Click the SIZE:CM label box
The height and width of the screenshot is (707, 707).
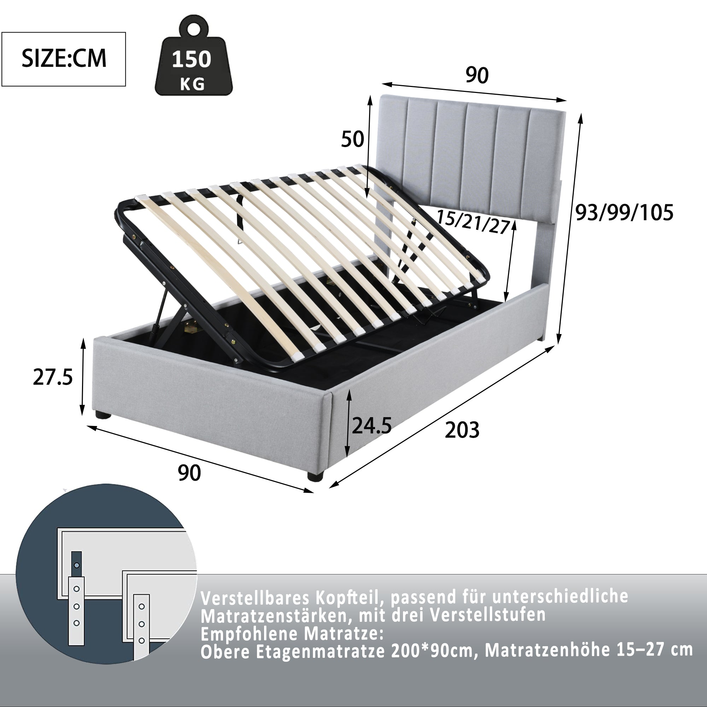(x=64, y=59)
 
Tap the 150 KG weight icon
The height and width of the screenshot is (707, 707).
(x=193, y=60)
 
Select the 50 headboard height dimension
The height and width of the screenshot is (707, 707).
(x=352, y=139)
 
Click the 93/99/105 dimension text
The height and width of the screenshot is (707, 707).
(x=624, y=212)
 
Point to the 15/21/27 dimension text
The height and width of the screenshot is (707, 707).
(x=474, y=222)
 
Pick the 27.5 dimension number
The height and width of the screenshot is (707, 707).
(x=53, y=377)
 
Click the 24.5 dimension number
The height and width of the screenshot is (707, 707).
(x=372, y=426)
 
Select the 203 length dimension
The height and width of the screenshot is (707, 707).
(x=462, y=430)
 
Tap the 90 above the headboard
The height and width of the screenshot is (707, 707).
(x=477, y=75)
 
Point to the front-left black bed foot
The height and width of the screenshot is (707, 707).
(x=104, y=415)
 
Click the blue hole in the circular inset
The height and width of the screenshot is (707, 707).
(x=76, y=565)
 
